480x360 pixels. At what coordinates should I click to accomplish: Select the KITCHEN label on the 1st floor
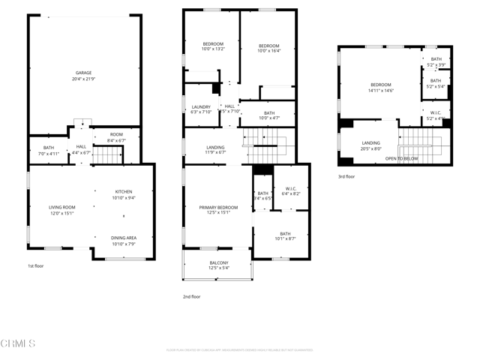[124, 191]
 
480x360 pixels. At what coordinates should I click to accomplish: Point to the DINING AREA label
[124, 238]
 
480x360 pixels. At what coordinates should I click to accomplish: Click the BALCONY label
[218, 262]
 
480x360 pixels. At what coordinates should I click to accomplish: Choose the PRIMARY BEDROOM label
[218, 207]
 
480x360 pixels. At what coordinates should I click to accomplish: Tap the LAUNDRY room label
[201, 106]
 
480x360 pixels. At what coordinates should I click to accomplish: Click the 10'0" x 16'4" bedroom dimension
[268, 51]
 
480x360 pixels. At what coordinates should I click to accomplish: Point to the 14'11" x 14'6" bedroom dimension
[381, 90]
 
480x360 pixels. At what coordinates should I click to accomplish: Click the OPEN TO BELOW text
[402, 159]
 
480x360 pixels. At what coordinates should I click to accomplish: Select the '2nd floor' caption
[191, 296]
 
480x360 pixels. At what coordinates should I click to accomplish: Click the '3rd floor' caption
[346, 178]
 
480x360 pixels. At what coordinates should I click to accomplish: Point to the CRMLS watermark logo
[19, 343]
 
